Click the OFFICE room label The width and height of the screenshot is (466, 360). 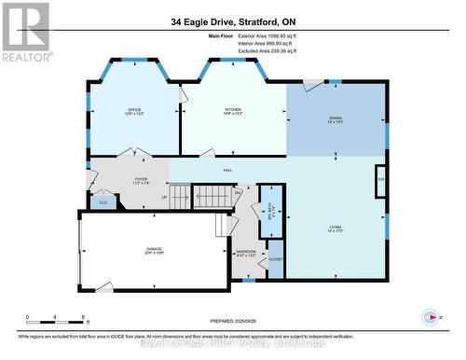[133, 111]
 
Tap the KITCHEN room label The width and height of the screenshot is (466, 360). [233, 111]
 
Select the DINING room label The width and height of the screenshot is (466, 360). [336, 118]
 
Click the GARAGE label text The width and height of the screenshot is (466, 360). [154, 250]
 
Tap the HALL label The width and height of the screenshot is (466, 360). [226, 170]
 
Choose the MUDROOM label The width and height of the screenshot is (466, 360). [245, 253]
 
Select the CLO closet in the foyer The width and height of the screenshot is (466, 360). [104, 201]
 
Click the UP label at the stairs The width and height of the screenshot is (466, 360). [165, 197]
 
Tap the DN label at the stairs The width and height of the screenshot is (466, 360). [238, 193]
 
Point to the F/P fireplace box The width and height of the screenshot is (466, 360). [380, 177]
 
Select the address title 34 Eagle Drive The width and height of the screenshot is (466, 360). [233, 21]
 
